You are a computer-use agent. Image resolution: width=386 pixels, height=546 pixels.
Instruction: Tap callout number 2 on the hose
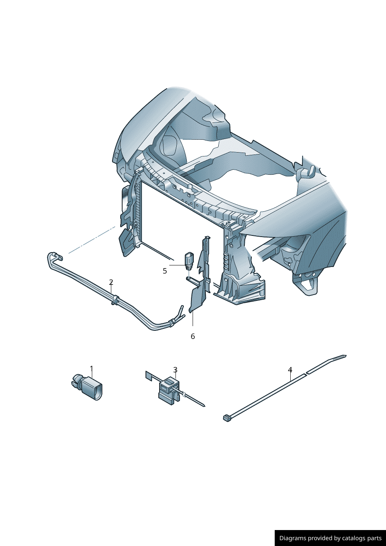pyautogui.click(x=111, y=282)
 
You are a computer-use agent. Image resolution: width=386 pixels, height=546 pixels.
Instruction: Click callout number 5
pyautogui.click(x=165, y=271)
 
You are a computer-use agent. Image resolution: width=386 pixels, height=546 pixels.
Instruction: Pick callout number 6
pyautogui.click(x=193, y=336)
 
